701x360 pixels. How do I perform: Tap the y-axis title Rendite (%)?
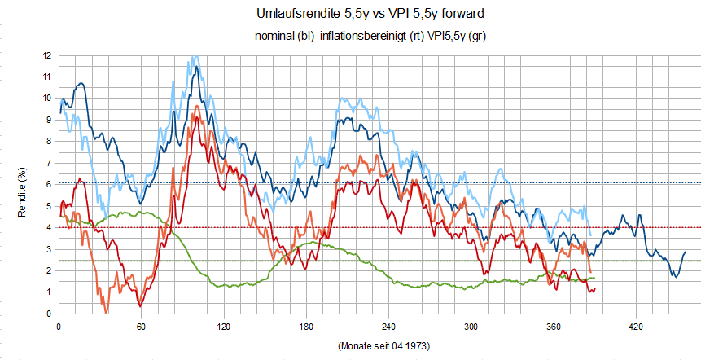[x=24, y=185]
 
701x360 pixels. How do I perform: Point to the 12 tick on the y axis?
[x=46, y=55]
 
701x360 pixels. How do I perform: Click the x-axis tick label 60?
[x=141, y=326]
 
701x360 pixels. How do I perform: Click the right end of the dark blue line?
[x=686, y=252]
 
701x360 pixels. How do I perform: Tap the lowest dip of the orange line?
[x=107, y=313]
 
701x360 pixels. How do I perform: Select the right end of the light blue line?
[x=591, y=236]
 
